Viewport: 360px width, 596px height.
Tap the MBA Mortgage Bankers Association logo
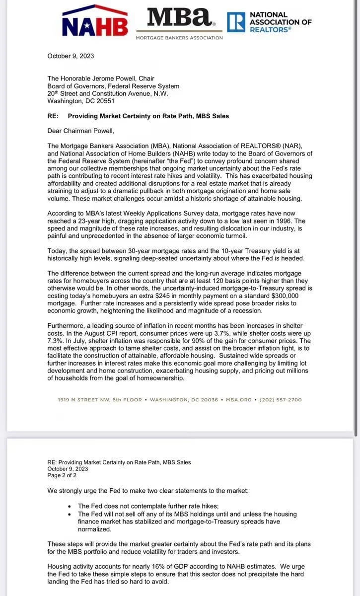point(179,21)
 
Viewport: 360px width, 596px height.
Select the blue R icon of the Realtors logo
point(236,22)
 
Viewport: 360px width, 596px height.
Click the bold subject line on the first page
point(148,116)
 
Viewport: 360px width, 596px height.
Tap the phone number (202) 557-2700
point(281,400)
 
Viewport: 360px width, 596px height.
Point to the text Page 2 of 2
point(62,475)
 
